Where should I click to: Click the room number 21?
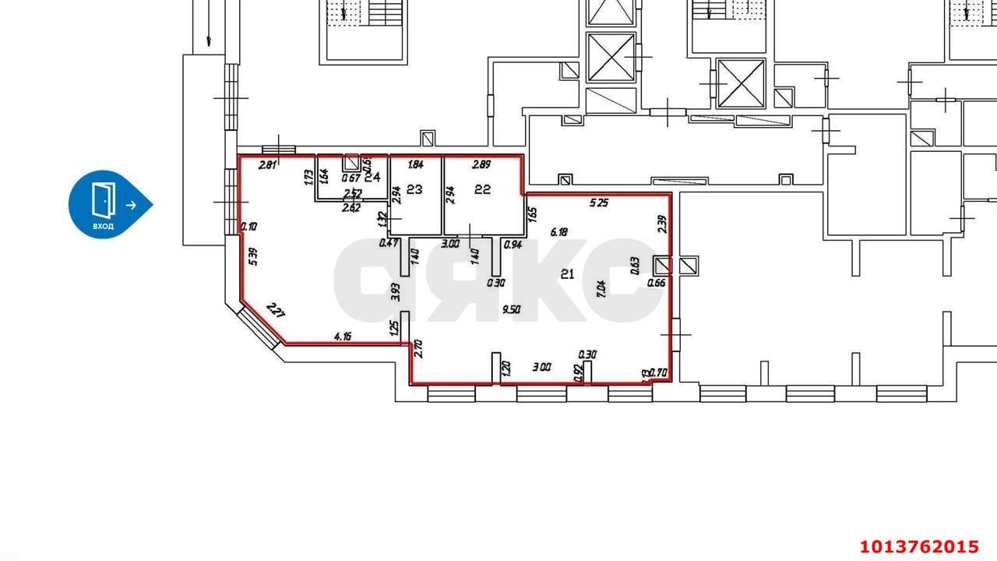click(x=568, y=273)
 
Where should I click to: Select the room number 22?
click(x=482, y=189)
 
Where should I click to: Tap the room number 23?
click(x=414, y=189)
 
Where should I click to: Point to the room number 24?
click(x=372, y=177)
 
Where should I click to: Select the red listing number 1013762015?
click(x=919, y=545)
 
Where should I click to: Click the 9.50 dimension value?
click(x=512, y=309)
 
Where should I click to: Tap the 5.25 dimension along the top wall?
click(x=598, y=203)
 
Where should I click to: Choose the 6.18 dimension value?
click(x=559, y=231)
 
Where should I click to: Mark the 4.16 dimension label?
click(x=343, y=337)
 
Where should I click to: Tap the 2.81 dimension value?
click(x=267, y=164)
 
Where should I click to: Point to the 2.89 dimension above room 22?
click(x=483, y=164)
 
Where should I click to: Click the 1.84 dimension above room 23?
click(x=415, y=164)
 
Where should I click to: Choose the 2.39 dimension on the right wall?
click(x=661, y=225)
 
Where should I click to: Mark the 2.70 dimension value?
click(x=418, y=348)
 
